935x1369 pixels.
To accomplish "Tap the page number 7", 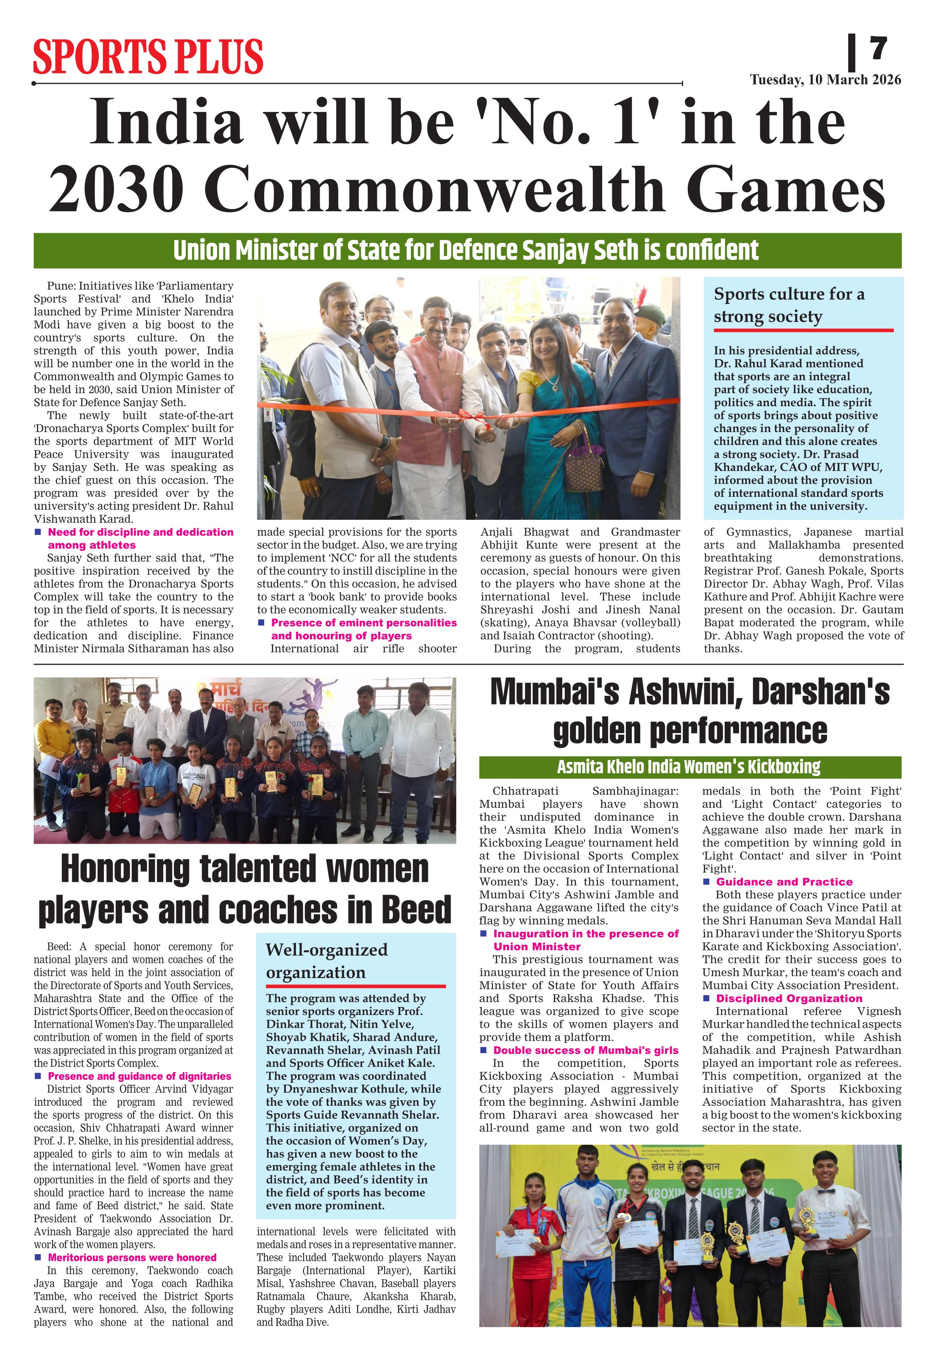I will [878, 48].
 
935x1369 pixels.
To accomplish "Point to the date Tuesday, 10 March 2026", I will [825, 80].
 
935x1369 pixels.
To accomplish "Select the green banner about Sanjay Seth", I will [467, 251].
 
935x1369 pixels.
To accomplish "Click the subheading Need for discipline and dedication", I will [140, 538].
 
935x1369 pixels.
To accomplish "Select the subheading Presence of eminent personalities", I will [363, 629].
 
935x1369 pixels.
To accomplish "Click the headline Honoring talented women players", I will [245, 889].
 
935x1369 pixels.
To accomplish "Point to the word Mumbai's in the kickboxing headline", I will [554, 692].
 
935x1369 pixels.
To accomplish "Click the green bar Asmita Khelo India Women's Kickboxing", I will [689, 767].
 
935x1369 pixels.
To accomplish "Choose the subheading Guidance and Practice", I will [784, 882].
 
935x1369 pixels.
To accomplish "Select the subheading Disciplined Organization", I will [789, 998].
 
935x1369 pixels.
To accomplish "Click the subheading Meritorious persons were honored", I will [132, 1257].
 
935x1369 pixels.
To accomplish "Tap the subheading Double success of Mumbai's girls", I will [586, 1050].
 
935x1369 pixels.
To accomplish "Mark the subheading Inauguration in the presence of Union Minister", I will [586, 940].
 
